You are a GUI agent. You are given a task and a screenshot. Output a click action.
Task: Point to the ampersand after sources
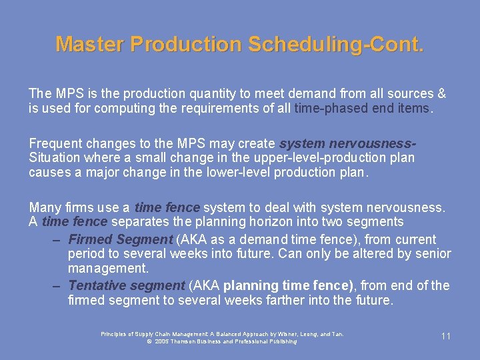[x=441, y=93]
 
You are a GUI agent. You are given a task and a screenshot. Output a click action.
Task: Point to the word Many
[x=44, y=207]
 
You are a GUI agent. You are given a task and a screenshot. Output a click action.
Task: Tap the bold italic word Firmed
[x=91, y=239]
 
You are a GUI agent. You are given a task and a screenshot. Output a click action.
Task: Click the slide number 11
[x=446, y=336]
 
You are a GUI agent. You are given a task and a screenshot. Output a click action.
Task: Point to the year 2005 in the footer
[x=161, y=341]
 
